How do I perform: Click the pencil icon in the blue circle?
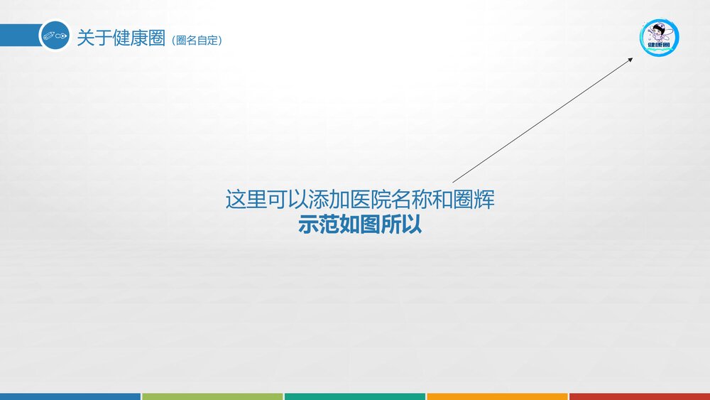(55, 35)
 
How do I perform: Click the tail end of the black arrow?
(454, 182)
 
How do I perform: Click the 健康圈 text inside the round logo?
(660, 46)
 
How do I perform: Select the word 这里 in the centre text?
(246, 200)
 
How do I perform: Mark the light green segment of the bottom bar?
(212, 396)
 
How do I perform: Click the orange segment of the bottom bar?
(497, 396)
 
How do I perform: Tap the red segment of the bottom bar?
(639, 396)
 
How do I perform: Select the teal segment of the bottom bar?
(355, 396)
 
